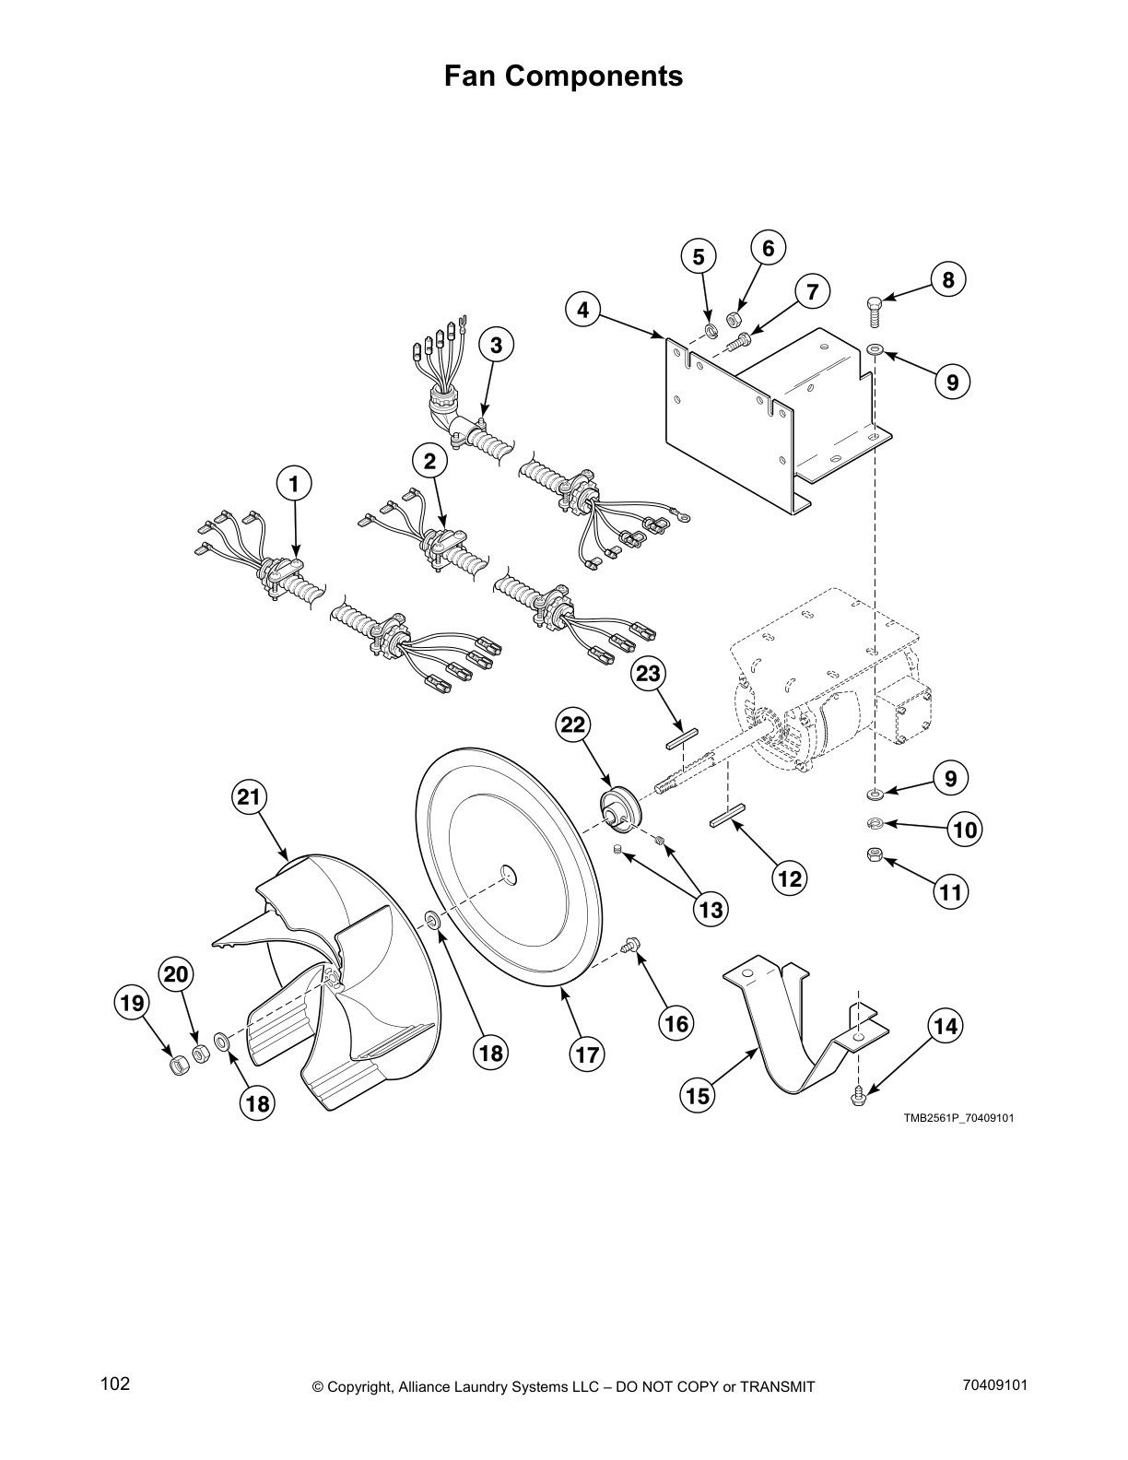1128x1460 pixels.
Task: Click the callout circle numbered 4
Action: (x=583, y=310)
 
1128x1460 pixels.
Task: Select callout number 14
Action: (x=946, y=1026)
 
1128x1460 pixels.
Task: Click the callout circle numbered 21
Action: (x=249, y=797)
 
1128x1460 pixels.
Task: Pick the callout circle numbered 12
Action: (x=790, y=878)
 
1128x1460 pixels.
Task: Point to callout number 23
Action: (x=648, y=674)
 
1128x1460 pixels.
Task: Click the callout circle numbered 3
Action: (x=496, y=346)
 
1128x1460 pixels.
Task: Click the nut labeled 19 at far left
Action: (x=179, y=1066)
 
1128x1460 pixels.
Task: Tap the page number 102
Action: (x=115, y=1383)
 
